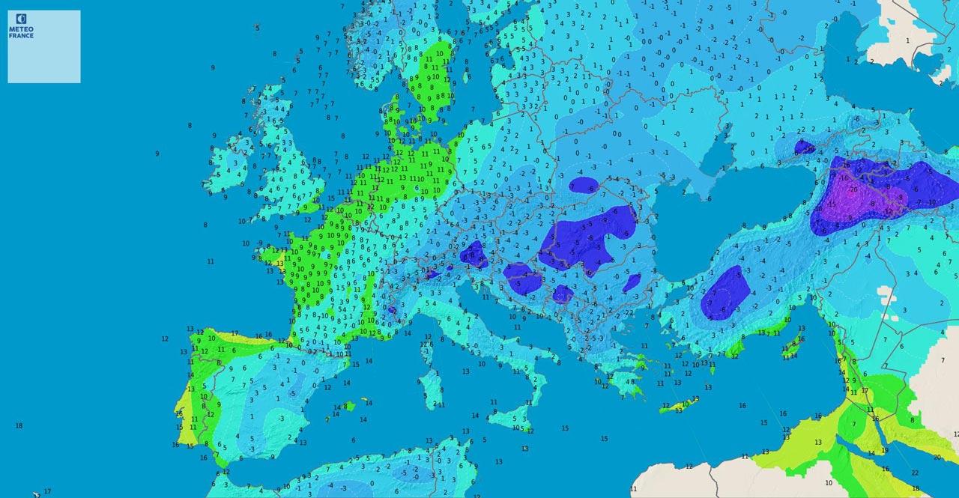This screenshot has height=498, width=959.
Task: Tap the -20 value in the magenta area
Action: point(854,189)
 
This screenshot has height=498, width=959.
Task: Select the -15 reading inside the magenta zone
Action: point(832,204)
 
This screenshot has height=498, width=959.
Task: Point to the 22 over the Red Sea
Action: point(915,473)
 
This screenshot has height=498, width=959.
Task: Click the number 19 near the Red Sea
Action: point(884,450)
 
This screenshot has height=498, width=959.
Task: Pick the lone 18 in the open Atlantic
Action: point(19,425)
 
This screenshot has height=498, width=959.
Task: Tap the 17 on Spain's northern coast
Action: point(235,333)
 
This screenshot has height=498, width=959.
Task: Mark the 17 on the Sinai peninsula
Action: point(865,390)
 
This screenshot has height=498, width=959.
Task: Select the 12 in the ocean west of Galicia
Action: point(165,338)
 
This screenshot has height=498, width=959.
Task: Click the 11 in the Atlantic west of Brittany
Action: point(211,261)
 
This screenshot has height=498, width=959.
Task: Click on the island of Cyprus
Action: point(791,348)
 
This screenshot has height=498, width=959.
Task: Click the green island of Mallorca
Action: point(348,406)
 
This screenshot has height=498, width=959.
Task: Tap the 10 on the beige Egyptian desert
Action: point(828,483)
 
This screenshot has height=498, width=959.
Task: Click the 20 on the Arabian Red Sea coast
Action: point(937,457)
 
